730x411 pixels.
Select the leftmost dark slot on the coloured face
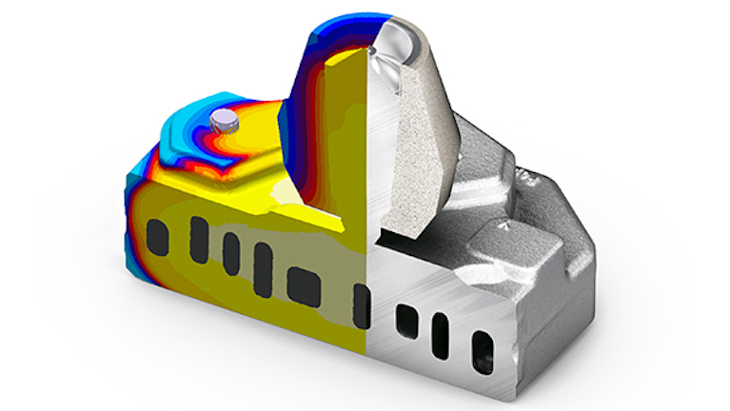pos(158,235)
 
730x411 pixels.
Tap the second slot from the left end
pos(199,231)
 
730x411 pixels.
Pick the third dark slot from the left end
pos(231,248)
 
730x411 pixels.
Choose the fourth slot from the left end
pos(264,258)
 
